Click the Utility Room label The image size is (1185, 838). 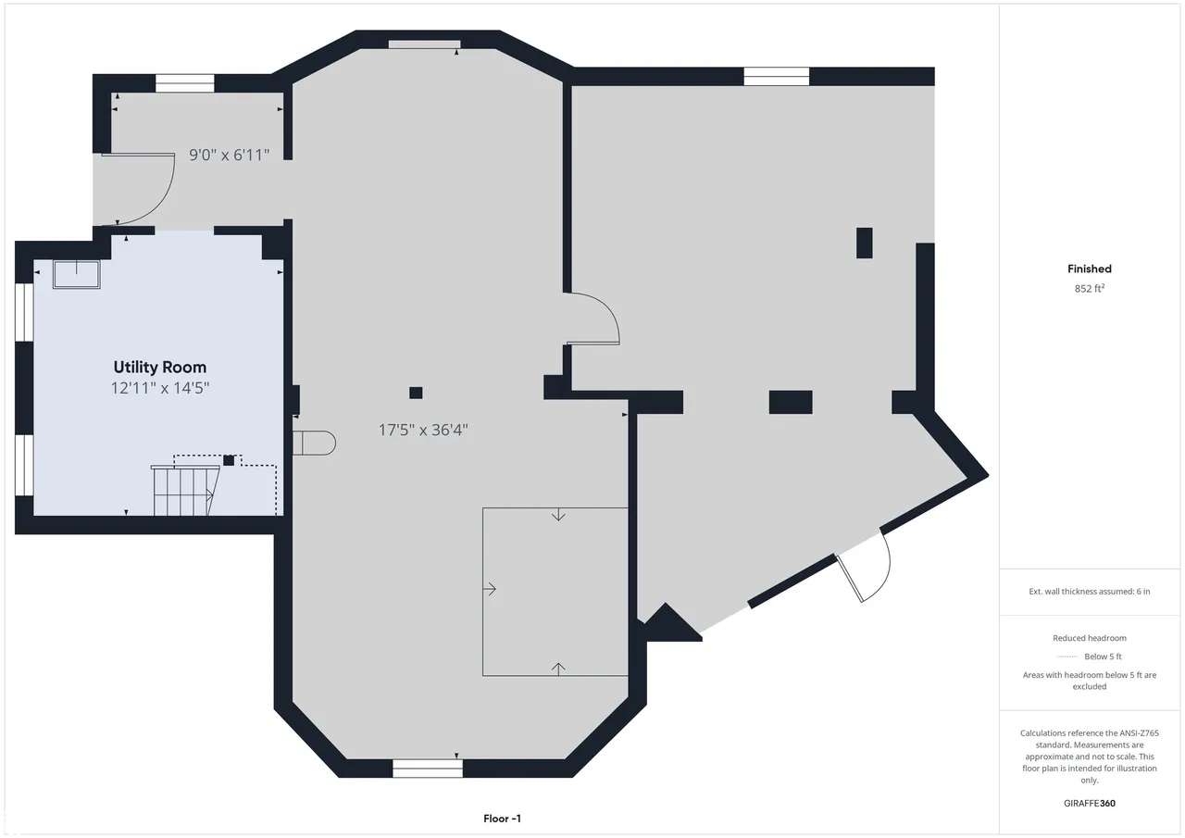pos(160,368)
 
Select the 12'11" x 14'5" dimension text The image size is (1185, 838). pos(160,388)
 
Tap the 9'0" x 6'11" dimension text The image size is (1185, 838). pos(229,155)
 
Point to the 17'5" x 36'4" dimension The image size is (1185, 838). pos(423,430)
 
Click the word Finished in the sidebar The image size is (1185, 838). pos(1090,269)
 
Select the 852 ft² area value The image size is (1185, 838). pos(1090,288)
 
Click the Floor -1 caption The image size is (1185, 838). pos(502,819)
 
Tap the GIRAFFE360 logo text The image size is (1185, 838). pos(1090,803)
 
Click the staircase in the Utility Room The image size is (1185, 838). pos(185,491)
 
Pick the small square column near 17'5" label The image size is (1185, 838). pos(416,393)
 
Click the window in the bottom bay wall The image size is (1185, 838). pos(428,769)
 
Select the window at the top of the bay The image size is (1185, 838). pos(424,44)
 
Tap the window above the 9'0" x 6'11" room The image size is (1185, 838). pos(184,83)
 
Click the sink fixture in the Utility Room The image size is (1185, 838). pos(77,275)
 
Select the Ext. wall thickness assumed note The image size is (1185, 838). pos(1090,592)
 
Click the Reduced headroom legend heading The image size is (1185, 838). pos(1090,638)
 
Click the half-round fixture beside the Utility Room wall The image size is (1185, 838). pos(314,444)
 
